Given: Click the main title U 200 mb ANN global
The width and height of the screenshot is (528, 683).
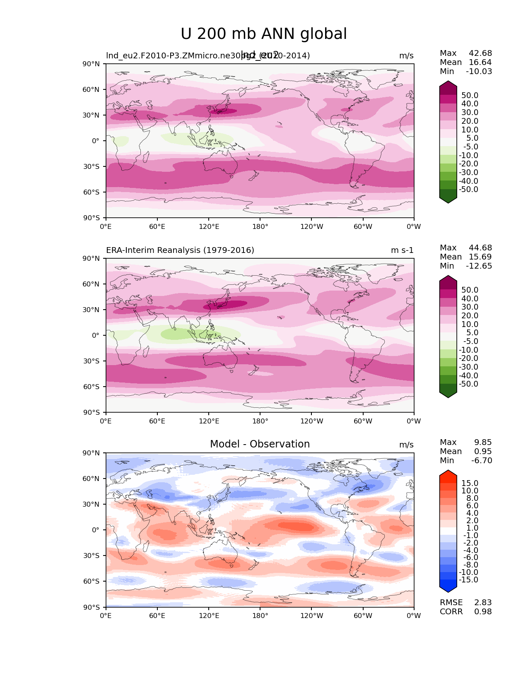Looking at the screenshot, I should (264, 34).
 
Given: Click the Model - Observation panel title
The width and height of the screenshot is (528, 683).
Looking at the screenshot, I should (260, 444).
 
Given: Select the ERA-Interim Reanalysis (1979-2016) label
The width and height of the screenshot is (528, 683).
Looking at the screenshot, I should (180, 250).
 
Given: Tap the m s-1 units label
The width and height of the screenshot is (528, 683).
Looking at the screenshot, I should (402, 250).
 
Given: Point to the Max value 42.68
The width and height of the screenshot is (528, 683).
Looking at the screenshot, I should (480, 53).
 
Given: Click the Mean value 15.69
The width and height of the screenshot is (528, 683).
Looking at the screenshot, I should (480, 257).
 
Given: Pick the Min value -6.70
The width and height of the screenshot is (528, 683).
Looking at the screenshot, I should (482, 460).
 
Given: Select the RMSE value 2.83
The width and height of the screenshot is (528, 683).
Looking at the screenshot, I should (483, 602).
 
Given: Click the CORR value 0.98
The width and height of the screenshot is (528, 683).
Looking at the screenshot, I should (483, 611).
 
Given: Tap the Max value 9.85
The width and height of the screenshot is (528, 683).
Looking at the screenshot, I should (483, 442).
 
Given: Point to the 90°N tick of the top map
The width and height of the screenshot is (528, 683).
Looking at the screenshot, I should (91, 64).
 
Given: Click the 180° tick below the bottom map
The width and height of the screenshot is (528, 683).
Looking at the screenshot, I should (260, 616).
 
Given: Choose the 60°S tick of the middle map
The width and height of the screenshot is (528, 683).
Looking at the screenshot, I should (91, 387).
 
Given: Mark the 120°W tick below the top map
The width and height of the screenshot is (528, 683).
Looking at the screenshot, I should (311, 226).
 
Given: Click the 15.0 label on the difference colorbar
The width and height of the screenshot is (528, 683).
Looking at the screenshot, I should (470, 483).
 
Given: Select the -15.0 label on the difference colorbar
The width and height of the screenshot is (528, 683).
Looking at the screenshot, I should (468, 580).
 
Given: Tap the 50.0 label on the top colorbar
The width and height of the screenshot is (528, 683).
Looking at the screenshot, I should (470, 95).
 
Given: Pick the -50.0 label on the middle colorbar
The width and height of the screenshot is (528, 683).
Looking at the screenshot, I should (468, 384).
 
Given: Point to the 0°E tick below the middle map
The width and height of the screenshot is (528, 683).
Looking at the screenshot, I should (106, 421).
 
